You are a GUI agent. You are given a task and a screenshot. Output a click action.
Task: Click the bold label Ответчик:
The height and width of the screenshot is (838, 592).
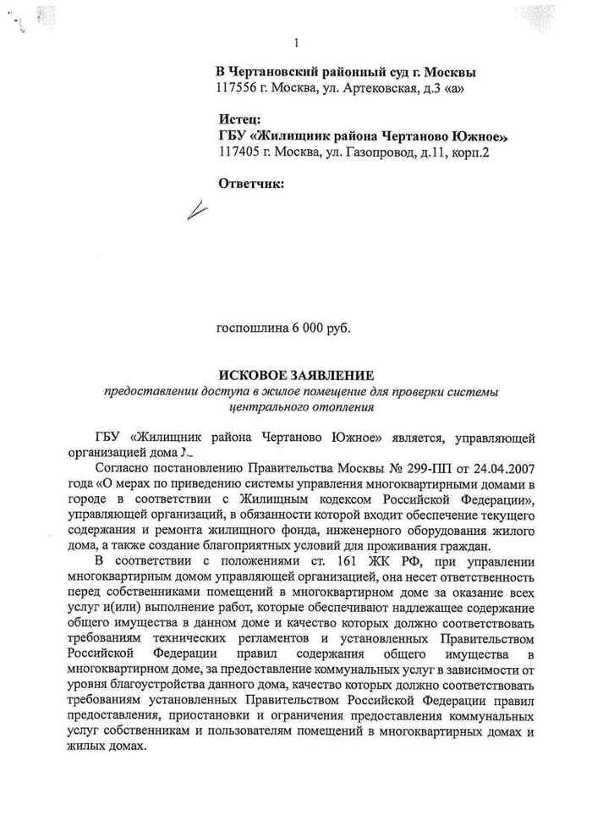coord(250,183)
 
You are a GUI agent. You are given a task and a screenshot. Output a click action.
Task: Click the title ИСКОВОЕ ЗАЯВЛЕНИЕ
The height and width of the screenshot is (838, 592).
coord(295,375)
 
